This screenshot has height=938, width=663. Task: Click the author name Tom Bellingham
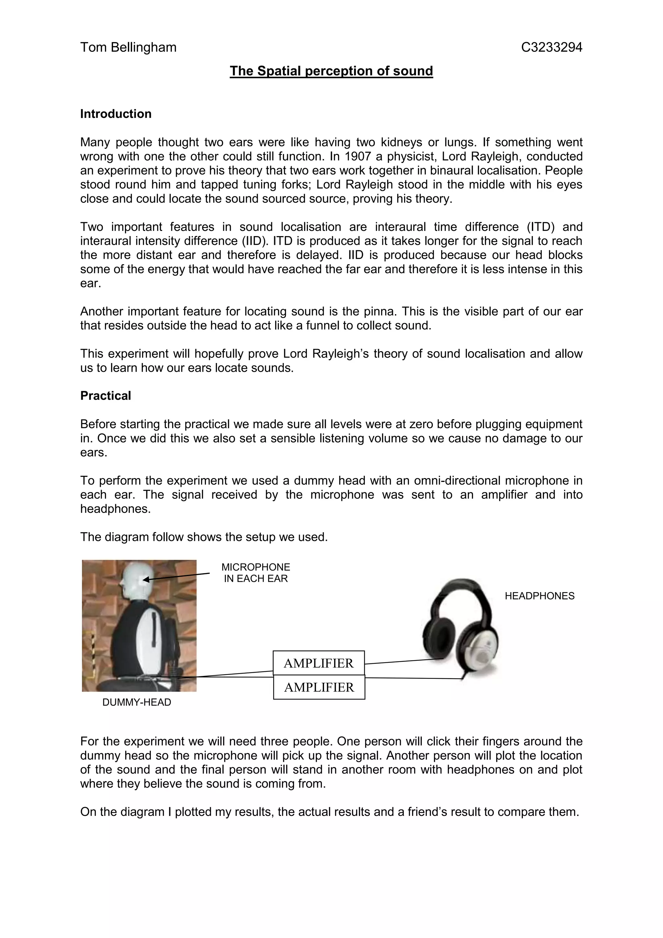pos(128,47)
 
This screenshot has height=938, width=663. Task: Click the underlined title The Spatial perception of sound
pos(331,71)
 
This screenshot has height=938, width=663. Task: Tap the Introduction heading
pos(116,114)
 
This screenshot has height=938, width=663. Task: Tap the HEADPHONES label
pos(539,596)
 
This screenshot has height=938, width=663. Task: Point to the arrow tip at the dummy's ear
pos(144,579)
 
